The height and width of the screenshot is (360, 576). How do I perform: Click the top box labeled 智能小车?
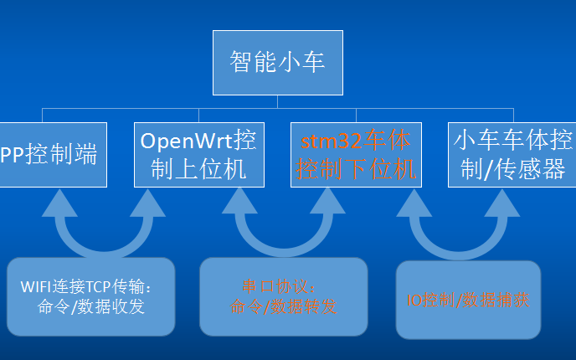point(276,62)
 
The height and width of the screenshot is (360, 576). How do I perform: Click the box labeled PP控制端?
point(50,155)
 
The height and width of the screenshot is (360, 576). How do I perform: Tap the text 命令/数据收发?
point(92,307)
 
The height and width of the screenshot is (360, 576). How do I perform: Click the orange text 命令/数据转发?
point(283,307)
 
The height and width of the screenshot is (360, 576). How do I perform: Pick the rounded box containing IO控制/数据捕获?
point(467,299)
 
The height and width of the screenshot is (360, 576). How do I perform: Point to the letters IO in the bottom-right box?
point(410,299)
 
